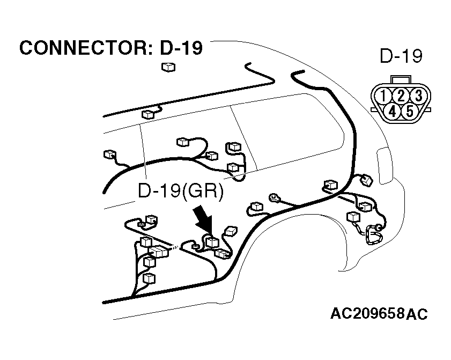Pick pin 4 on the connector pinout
pyautogui.click(x=393, y=111)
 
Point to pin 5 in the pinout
pyautogui.click(x=410, y=111)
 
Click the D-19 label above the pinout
pyautogui.click(x=401, y=56)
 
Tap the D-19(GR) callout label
pyautogui.click(x=180, y=191)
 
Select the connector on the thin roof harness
pyautogui.click(x=147, y=114)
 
